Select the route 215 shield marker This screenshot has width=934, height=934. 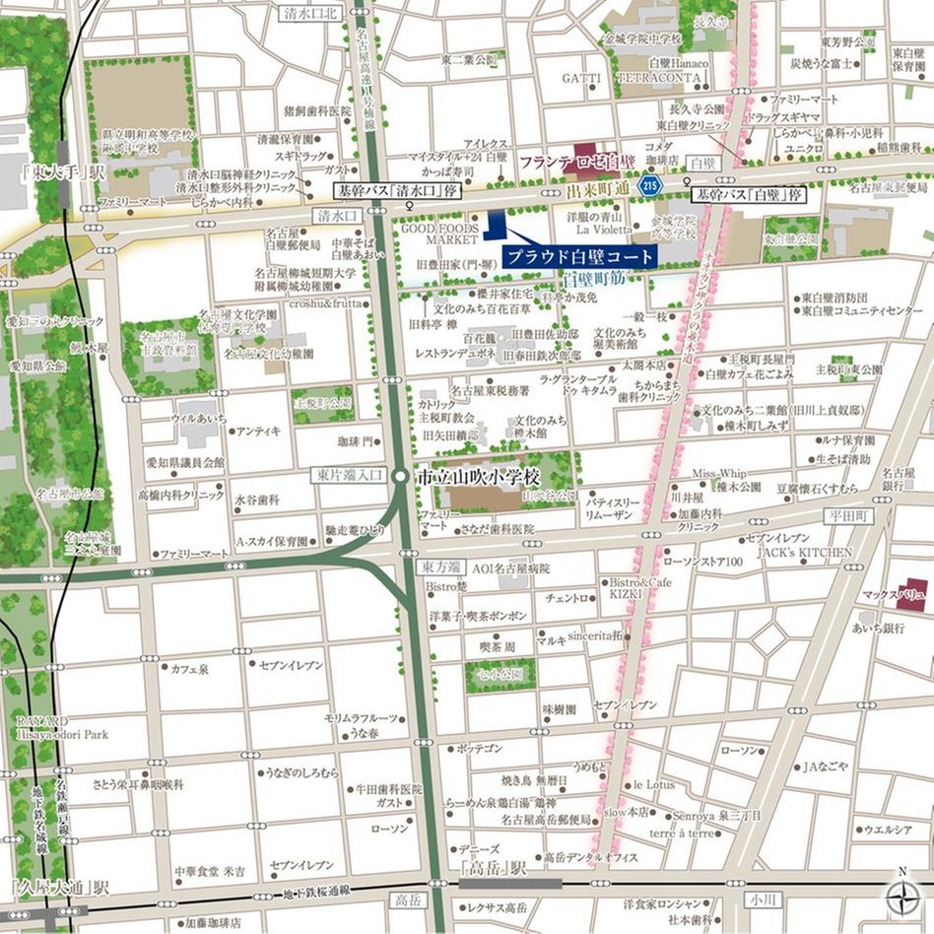click(x=648, y=183)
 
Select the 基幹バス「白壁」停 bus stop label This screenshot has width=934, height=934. click(x=749, y=195)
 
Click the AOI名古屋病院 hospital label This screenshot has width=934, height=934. click(x=510, y=569)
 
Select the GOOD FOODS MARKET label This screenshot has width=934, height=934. click(x=440, y=233)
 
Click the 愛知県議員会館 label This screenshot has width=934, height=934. click(x=185, y=462)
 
